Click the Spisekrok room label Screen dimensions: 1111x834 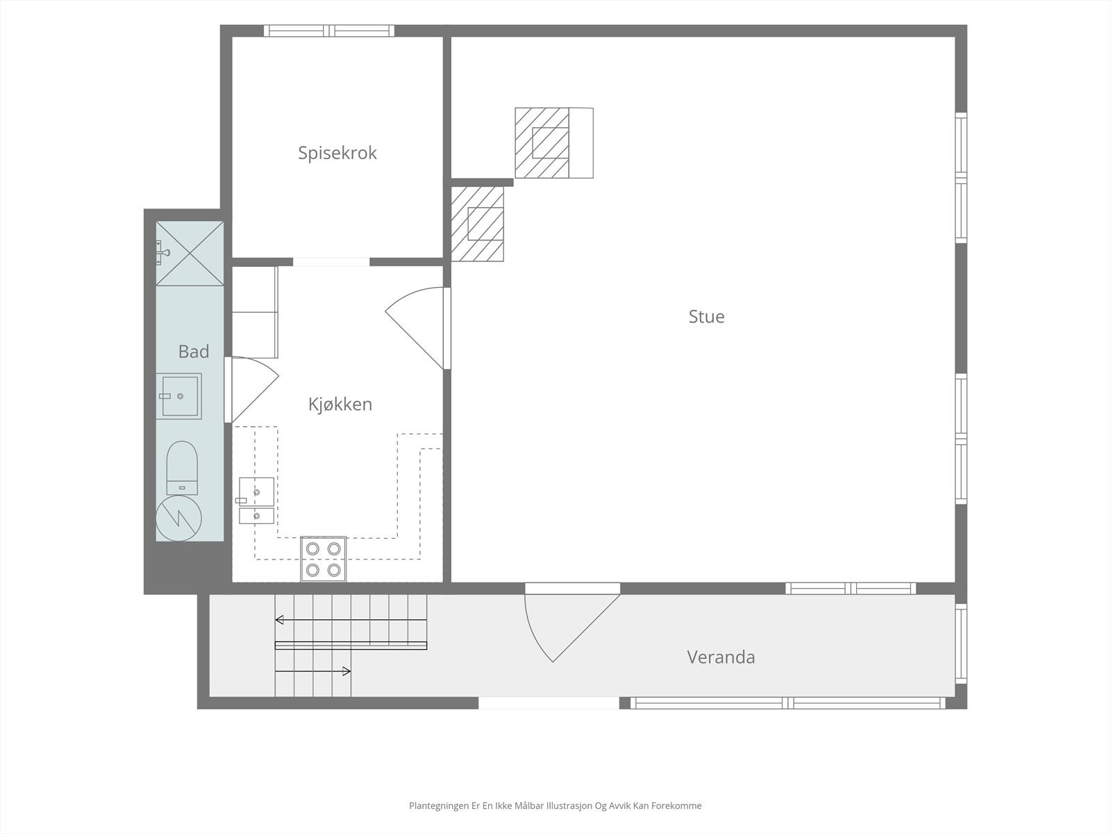click(337, 153)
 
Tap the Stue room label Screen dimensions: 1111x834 click(706, 316)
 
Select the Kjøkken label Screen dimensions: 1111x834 click(340, 404)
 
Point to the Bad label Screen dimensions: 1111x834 click(193, 352)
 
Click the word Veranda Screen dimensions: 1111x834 click(721, 657)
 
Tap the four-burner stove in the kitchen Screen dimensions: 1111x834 click(324, 559)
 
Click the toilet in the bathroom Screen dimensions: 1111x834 click(182, 468)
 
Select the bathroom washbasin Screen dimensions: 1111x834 click(178, 396)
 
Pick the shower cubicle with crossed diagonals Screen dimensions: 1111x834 click(190, 253)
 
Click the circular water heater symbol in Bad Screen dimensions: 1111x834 click(178, 518)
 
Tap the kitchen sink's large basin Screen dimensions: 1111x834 click(257, 491)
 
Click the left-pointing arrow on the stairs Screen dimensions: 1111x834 click(351, 620)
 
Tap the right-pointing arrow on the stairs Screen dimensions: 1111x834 click(312, 671)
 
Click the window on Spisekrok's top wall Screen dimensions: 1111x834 click(329, 31)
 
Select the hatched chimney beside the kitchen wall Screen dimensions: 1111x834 click(477, 224)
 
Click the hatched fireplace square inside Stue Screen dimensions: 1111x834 click(542, 142)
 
